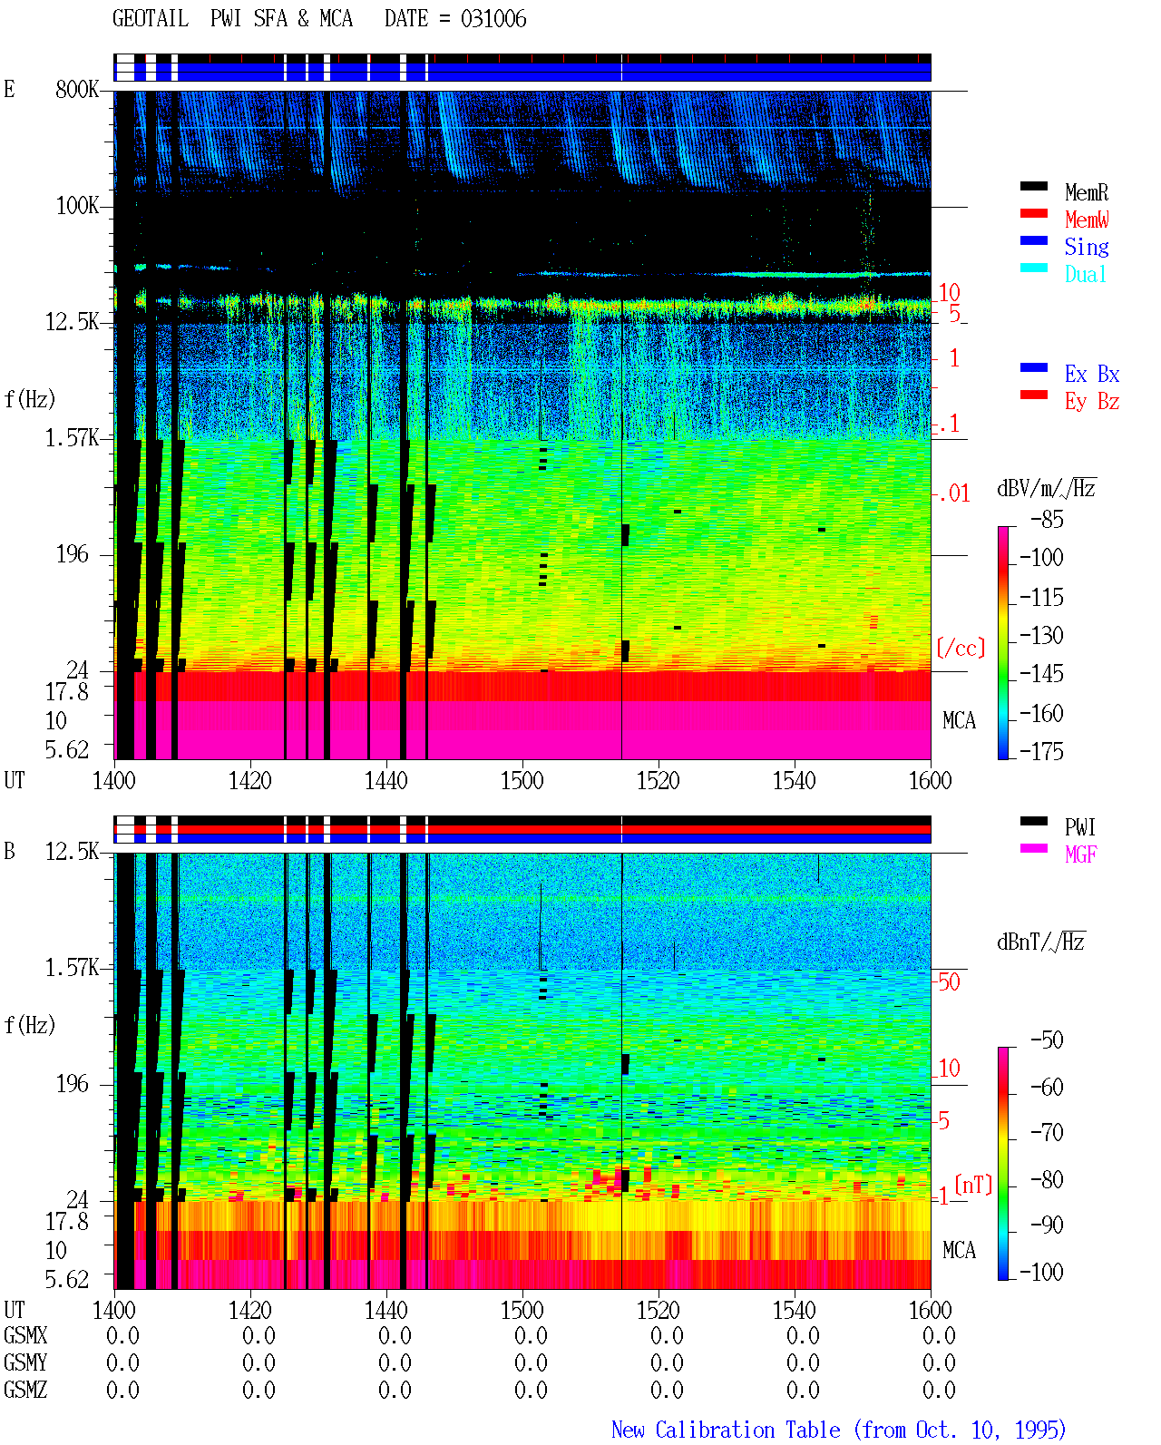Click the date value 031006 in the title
[x=493, y=19]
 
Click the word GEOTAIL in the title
[x=151, y=19]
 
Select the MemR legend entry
[x=1086, y=192]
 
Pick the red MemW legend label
[x=1086, y=220]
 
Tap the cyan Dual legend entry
[x=1085, y=274]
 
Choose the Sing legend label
[x=1086, y=247]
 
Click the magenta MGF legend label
[x=1080, y=854]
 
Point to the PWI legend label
[x=1079, y=827]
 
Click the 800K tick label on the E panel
[x=76, y=89]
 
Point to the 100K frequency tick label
[x=76, y=206]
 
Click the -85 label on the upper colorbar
[x=1047, y=519]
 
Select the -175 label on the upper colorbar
[x=1041, y=751]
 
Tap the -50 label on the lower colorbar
[x=1047, y=1040]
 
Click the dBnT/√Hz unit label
[x=1040, y=942]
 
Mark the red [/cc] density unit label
[x=961, y=648]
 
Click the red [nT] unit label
[x=973, y=1185]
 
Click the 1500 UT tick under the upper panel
[x=522, y=781]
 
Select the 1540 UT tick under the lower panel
[x=795, y=1310]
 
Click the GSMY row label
[x=25, y=1362]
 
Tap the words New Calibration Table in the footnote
[x=726, y=1430]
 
